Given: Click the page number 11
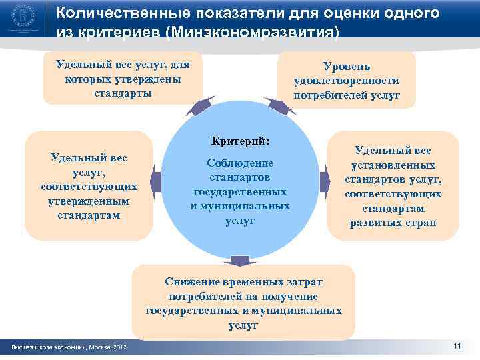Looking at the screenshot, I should pos(457,345).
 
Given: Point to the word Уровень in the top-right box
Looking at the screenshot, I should pos(347,66).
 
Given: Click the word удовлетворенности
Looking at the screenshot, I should pos(347,81).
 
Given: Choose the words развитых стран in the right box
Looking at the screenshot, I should pos(393,223).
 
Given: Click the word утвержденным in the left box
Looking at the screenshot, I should pos(89,201).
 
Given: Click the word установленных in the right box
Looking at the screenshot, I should pos(393,165).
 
